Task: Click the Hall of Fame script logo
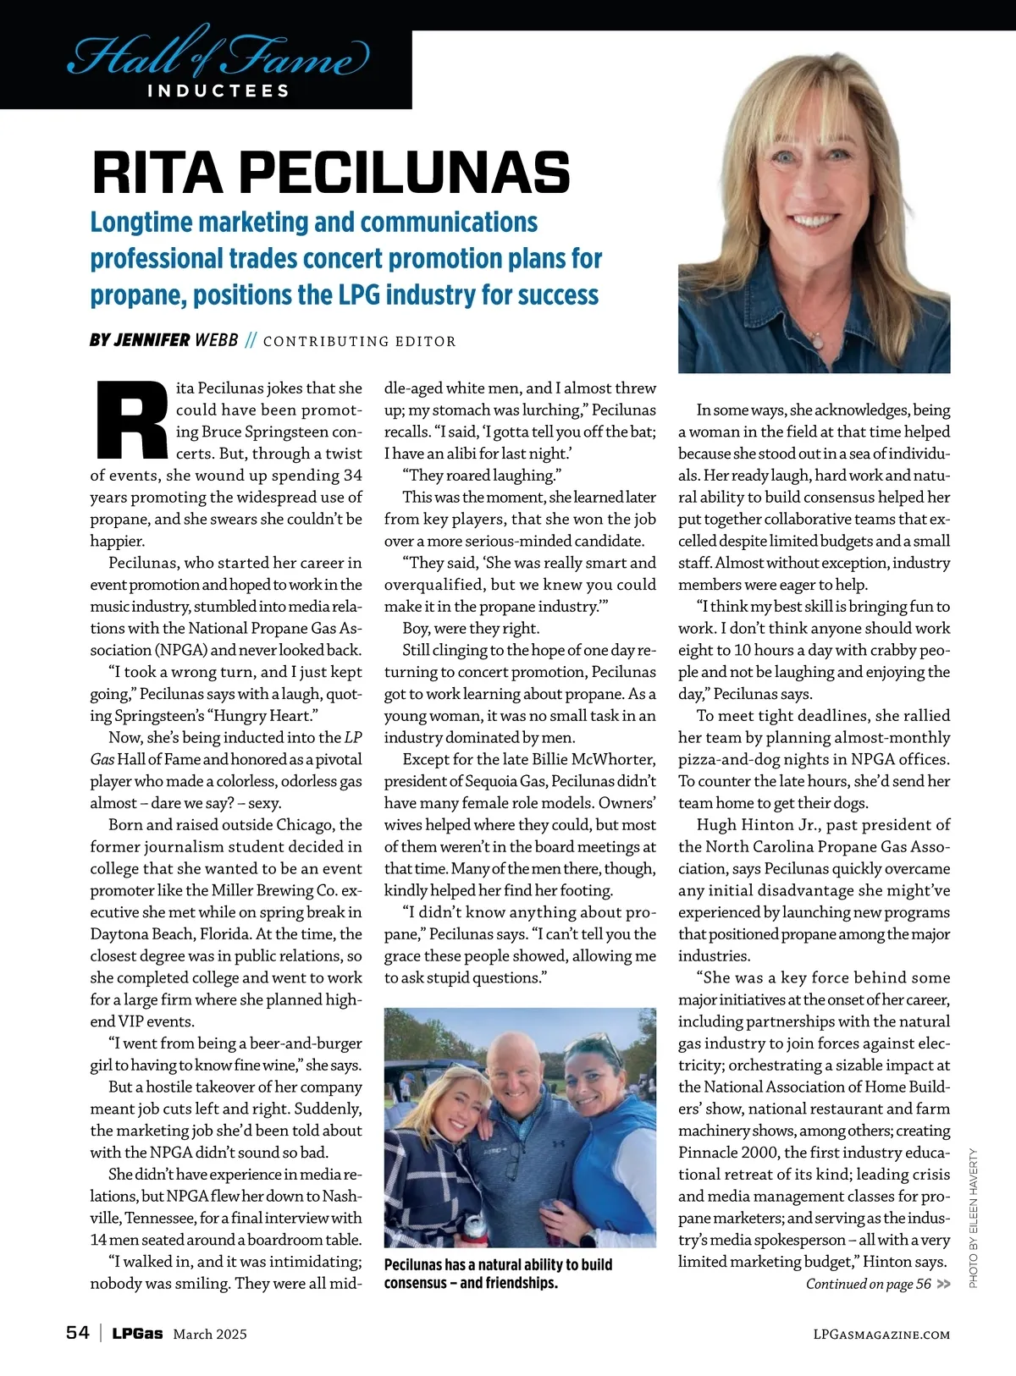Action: (218, 54)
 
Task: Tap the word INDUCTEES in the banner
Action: (218, 91)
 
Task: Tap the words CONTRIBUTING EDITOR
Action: (359, 341)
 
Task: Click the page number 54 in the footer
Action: (78, 1333)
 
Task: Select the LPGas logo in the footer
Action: (137, 1334)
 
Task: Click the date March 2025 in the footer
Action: (210, 1334)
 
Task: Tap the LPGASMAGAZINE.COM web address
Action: (881, 1335)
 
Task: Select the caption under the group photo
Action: (498, 1274)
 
